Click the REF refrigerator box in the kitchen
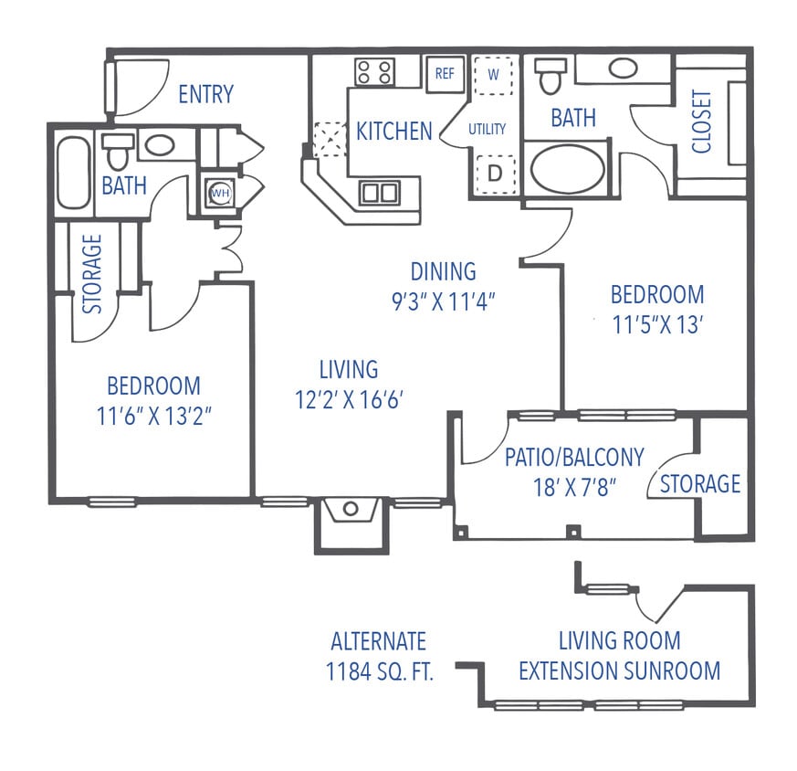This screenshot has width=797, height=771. coord(445,74)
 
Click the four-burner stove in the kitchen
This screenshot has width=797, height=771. coord(373,71)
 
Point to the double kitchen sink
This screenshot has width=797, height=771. coord(379,192)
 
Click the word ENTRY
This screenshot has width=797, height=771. coord(205,94)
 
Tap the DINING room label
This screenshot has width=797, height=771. coord(443,271)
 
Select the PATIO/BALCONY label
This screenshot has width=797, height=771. coord(574,457)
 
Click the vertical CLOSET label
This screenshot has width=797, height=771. coord(701,121)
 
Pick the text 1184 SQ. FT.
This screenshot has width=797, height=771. coord(379,672)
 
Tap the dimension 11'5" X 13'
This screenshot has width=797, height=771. coord(657,323)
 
